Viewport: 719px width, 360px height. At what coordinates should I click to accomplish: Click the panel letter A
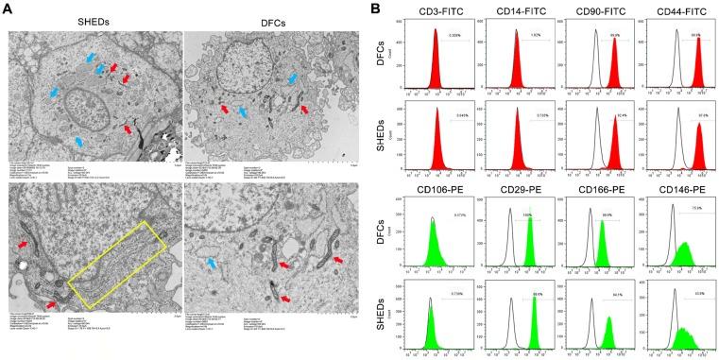point(7,8)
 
